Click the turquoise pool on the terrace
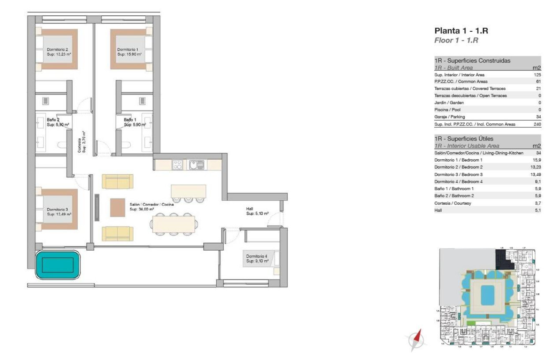click(x=57, y=265)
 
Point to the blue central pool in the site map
click(x=486, y=295)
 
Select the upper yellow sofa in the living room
click(x=118, y=181)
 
